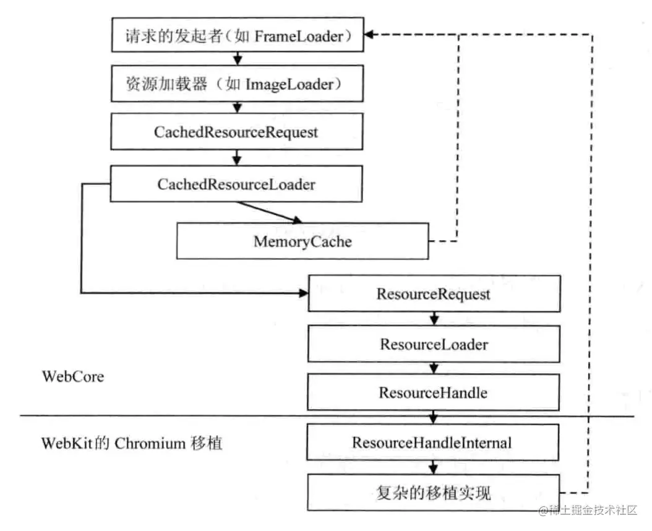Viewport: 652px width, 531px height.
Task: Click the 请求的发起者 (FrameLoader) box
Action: pyautogui.click(x=236, y=37)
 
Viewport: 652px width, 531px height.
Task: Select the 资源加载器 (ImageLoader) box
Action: pyautogui.click(x=236, y=85)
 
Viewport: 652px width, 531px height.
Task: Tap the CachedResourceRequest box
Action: pyautogui.click(x=236, y=132)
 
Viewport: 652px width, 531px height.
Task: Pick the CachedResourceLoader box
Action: pyautogui.click(x=236, y=184)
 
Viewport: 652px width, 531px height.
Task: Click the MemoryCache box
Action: pyautogui.click(x=302, y=241)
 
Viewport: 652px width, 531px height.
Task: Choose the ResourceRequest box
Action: pyautogui.click(x=434, y=293)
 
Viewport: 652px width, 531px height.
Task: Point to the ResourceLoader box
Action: pyautogui.click(x=434, y=343)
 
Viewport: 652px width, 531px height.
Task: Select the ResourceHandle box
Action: pyautogui.click(x=434, y=392)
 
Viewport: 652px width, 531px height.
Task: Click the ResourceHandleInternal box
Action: pyautogui.click(x=434, y=442)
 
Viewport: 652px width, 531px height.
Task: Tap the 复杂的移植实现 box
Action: pyautogui.click(x=434, y=493)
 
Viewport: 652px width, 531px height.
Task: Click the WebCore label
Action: pyautogui.click(x=72, y=376)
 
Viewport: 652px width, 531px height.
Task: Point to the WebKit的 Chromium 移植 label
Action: pyautogui.click(x=132, y=443)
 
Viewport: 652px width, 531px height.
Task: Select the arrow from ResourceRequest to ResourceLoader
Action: pyautogui.click(x=434, y=318)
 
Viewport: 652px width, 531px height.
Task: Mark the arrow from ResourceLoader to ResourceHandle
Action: pyautogui.click(x=434, y=368)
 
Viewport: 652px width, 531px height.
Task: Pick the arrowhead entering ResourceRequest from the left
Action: pyautogui.click(x=303, y=293)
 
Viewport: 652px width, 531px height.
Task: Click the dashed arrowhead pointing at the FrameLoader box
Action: pyautogui.click(x=368, y=35)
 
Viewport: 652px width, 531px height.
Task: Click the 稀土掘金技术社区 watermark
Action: pyautogui.click(x=588, y=511)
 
